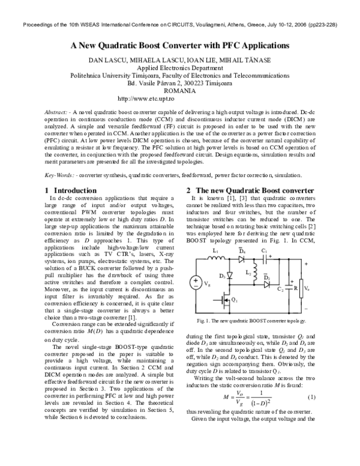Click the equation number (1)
pyautogui.click(x=311, y=398)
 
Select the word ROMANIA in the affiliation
pyautogui.click(x=180, y=91)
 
